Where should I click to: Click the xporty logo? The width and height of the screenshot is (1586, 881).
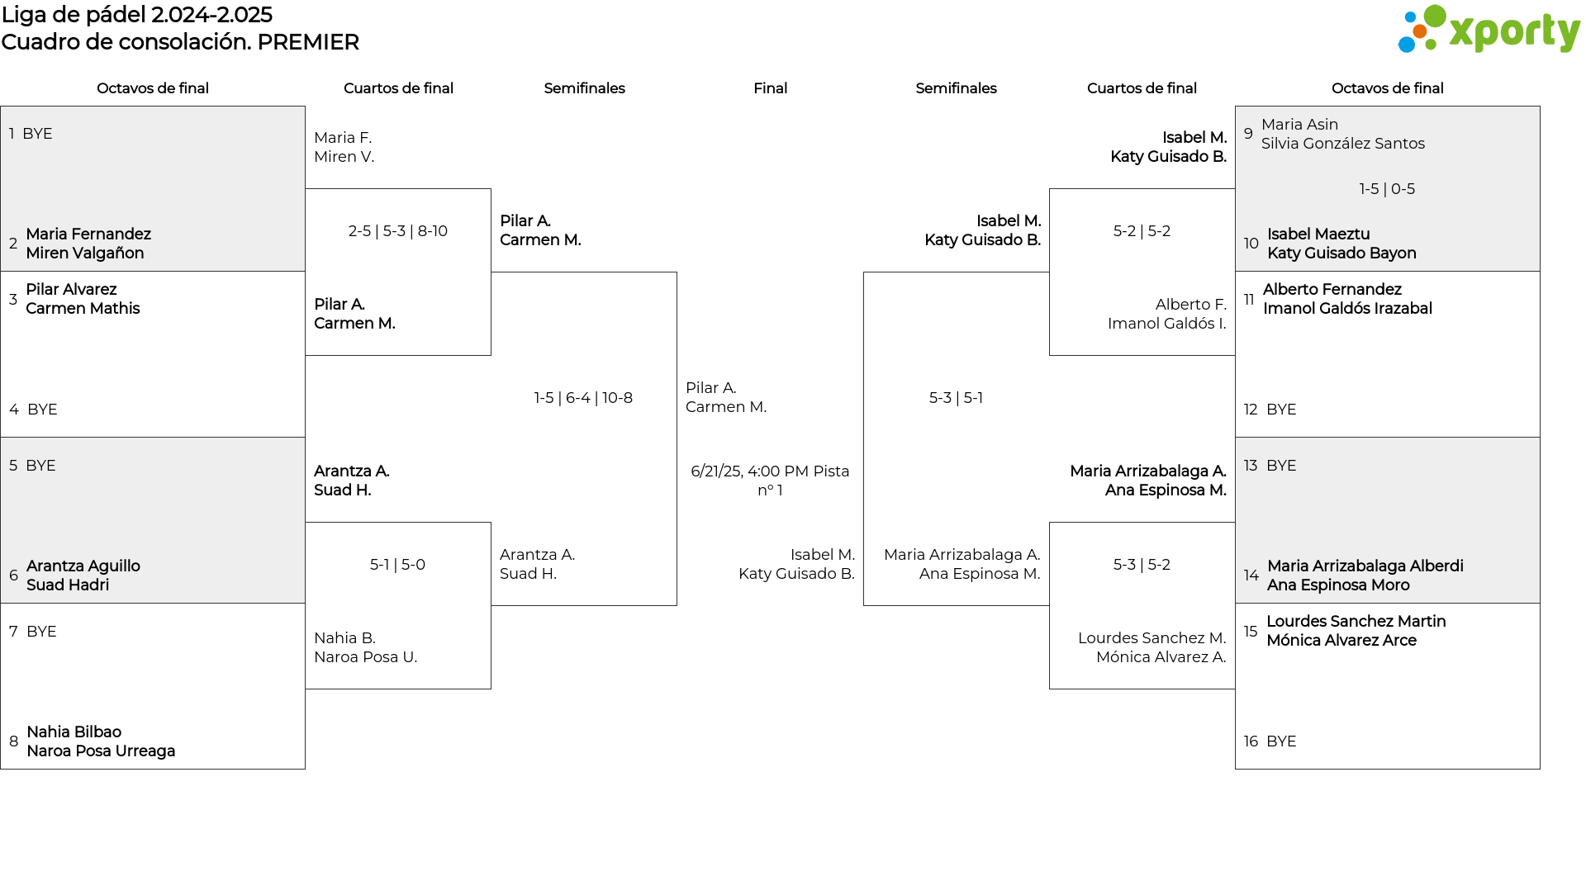(1489, 30)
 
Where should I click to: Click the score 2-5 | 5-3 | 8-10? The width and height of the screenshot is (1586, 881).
(398, 231)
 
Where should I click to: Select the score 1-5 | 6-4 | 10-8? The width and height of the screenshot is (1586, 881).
(583, 398)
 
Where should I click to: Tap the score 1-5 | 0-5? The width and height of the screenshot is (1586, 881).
(1387, 189)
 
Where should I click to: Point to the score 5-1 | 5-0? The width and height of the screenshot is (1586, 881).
(397, 565)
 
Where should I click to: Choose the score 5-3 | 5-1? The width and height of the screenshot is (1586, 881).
(956, 398)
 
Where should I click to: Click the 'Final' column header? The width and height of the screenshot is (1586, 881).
(770, 88)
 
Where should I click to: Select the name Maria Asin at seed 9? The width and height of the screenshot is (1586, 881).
(1299, 125)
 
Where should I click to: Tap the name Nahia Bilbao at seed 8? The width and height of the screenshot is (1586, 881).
(74, 732)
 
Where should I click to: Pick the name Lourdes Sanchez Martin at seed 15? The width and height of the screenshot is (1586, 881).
(1356, 622)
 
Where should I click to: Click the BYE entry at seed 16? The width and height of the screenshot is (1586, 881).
(1281, 741)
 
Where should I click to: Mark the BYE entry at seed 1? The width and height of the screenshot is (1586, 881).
(37, 134)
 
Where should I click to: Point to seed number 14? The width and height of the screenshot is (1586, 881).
(1251, 575)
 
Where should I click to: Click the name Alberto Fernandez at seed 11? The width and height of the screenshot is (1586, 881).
(1332, 290)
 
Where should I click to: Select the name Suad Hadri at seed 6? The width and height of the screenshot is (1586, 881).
(68, 585)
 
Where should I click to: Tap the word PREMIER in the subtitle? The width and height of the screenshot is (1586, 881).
(308, 42)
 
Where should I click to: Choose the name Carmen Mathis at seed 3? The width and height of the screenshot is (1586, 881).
(83, 309)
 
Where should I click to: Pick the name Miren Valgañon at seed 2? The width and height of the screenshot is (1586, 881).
(85, 253)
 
